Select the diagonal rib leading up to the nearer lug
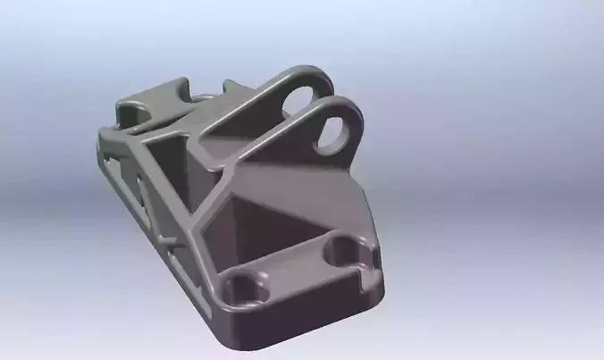coord(259,161)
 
